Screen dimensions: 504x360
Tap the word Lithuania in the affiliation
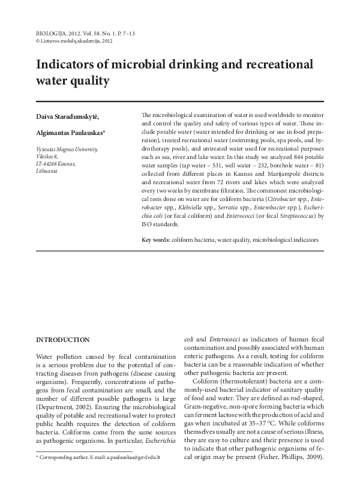click(47, 171)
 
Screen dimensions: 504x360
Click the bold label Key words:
click(155, 240)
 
